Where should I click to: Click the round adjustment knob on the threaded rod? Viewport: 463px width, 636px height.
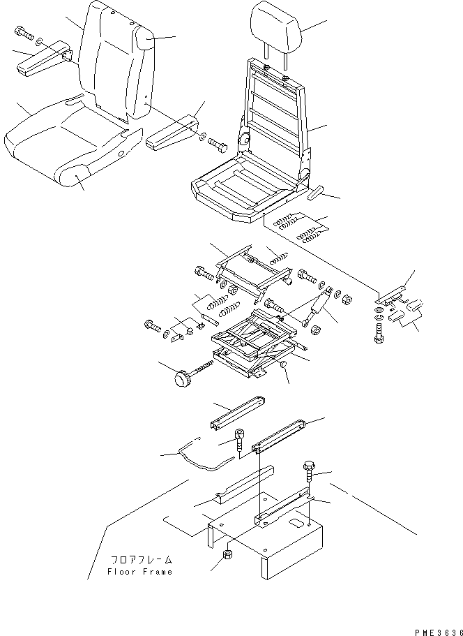183,380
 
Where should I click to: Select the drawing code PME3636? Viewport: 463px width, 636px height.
436,628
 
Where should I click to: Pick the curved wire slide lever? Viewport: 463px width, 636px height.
202,456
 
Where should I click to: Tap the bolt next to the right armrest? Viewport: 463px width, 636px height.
218,146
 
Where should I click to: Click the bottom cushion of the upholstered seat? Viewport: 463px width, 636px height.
56,150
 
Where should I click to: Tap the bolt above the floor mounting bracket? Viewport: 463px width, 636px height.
310,470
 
